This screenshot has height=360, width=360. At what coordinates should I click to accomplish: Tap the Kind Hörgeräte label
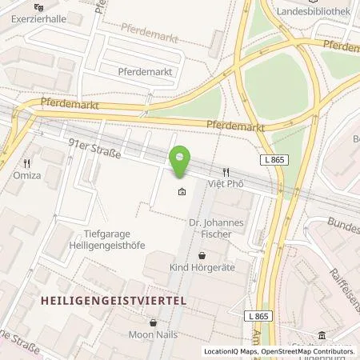click(x=202, y=268)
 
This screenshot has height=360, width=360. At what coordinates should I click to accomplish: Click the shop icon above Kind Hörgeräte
click(x=202, y=255)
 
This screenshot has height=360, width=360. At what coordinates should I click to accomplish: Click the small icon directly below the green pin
click(x=182, y=192)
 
